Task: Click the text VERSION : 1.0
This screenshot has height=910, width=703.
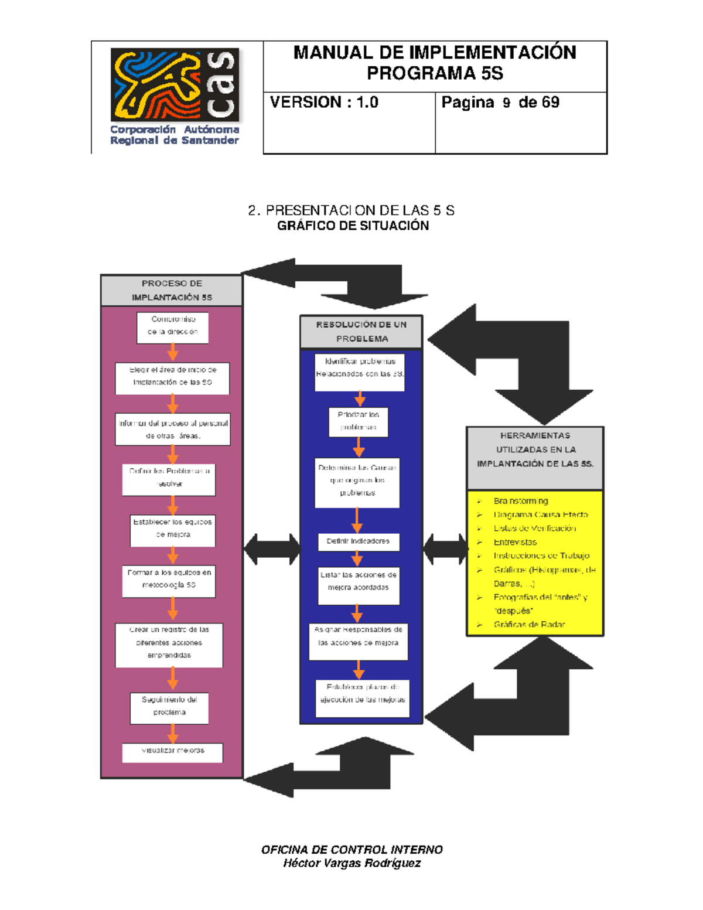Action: (324, 103)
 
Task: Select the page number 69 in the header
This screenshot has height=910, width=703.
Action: (551, 103)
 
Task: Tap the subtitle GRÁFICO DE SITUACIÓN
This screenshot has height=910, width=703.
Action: (353, 226)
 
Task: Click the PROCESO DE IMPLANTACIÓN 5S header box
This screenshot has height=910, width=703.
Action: (172, 290)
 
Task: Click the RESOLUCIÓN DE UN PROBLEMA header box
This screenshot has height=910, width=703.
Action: (361, 332)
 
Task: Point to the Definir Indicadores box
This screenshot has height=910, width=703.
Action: (358, 542)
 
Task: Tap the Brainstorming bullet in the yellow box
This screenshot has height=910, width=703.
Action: (520, 501)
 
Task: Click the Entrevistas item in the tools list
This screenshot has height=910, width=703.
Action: (515, 542)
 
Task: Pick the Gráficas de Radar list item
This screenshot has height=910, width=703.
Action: (529, 625)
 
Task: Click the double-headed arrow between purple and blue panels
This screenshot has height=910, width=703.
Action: (272, 549)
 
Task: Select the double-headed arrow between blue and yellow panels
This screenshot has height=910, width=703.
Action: (445, 549)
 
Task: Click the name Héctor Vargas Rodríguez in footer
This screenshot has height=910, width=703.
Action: (351, 863)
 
